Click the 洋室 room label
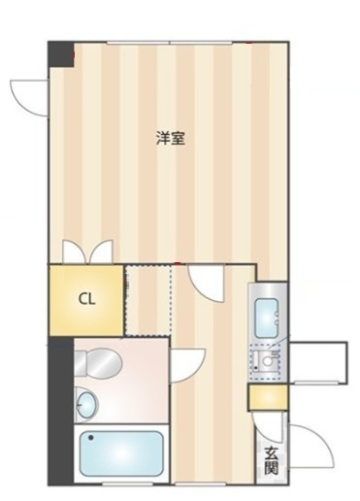[171, 138]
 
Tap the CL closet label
[86, 299]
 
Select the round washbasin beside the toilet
[87, 403]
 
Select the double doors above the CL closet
[86, 251]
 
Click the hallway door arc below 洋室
[208, 284]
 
